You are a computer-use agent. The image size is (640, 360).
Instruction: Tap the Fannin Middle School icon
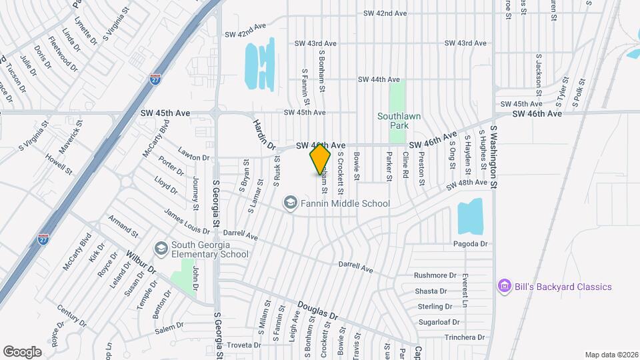coord(290,202)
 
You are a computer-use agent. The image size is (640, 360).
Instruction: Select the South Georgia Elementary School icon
coord(161,249)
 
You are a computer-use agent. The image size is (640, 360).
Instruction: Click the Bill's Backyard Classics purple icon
coord(505,287)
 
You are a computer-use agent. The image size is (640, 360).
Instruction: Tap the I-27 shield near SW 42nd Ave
coord(155,79)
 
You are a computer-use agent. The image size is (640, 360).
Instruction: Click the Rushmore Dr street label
coord(435,275)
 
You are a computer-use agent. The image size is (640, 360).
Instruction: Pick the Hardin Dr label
coord(264,133)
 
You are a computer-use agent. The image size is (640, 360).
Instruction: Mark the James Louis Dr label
coord(187,221)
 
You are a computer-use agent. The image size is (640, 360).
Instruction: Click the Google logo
coord(22,351)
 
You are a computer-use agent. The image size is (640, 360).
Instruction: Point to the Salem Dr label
coord(169,328)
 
